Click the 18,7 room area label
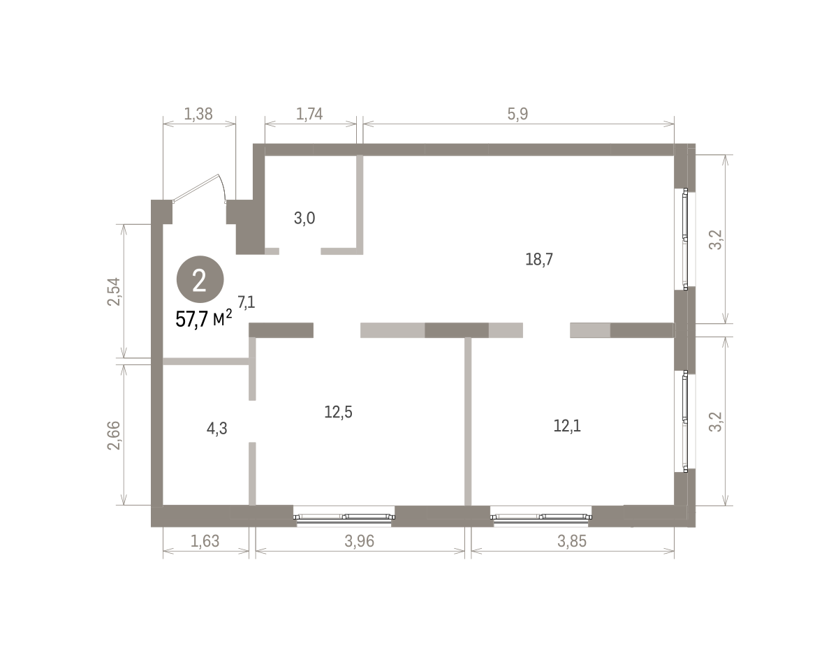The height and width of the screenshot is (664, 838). [x=539, y=259]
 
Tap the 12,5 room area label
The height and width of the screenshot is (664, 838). [x=338, y=412]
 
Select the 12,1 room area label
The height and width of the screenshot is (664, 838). [x=567, y=426]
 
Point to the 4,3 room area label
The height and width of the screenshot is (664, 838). [x=217, y=429]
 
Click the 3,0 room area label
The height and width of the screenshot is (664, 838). [x=304, y=219]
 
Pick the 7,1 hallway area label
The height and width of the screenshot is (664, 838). [x=246, y=302]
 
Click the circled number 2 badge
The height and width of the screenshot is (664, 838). [x=200, y=279]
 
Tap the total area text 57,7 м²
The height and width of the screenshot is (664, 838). [x=204, y=319]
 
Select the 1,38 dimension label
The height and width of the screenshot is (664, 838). [x=198, y=114]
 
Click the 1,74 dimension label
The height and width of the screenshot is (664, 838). [x=309, y=114]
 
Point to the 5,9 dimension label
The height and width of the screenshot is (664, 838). [x=517, y=114]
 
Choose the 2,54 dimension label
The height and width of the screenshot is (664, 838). [x=115, y=291]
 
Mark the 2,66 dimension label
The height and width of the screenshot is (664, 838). [x=114, y=436]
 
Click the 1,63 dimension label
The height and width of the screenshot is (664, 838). [x=205, y=541]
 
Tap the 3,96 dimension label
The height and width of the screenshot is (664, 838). [x=360, y=541]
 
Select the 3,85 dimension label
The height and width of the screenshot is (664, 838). [x=572, y=541]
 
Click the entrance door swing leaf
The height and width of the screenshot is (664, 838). [x=196, y=189]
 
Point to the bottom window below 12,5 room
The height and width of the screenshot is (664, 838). [x=344, y=517]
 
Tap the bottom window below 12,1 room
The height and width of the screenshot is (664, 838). [x=541, y=517]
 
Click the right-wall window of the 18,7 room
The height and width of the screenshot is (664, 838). [x=685, y=239]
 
